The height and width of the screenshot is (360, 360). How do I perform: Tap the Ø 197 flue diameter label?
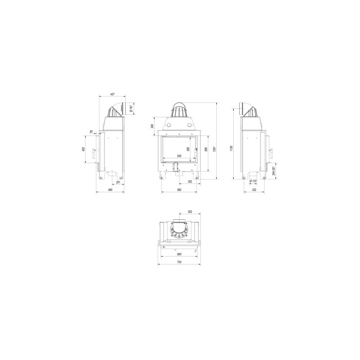(x=130, y=108)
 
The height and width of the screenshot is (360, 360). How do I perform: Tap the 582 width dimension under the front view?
(x=180, y=191)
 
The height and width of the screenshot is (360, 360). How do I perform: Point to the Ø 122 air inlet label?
(x=253, y=181)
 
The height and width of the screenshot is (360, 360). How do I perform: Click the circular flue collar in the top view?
(x=180, y=230)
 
